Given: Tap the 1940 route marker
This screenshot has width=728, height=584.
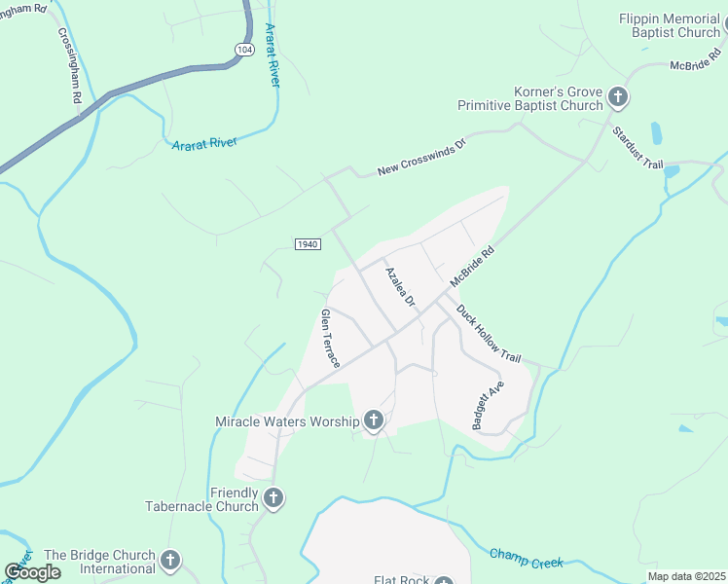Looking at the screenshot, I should point(309,243).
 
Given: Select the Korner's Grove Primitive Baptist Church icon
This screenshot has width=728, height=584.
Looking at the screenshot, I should point(618,97).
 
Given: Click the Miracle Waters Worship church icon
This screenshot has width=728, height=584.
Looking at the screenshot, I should point(373,420).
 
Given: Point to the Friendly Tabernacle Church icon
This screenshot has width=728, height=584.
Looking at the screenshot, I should point(273,498).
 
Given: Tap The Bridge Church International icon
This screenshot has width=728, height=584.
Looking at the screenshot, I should point(170,560).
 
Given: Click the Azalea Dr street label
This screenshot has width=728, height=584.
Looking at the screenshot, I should point(400,288).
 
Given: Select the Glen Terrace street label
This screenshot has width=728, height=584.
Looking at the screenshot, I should point(330,338).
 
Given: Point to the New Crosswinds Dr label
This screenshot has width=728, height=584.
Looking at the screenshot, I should point(422,157).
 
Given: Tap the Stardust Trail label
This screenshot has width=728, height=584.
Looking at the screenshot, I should point(637,146).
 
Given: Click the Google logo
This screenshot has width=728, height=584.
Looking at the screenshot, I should point(33,572).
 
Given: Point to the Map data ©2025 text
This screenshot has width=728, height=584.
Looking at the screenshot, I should point(686,576).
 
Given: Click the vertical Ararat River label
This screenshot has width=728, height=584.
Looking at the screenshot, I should point(272,56).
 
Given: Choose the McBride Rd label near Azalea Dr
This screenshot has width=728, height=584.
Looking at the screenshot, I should point(473,266).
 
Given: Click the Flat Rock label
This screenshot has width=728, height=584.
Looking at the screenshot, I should point(401,580).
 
